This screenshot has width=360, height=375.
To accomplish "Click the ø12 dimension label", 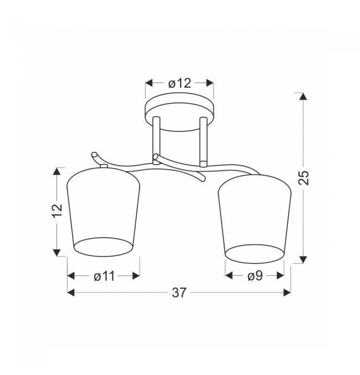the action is [x=179, y=84].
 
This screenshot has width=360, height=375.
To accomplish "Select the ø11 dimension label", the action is [x=104, y=276].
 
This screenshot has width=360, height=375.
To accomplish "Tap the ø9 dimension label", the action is [x=255, y=276].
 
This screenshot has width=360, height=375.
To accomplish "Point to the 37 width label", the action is [x=179, y=292].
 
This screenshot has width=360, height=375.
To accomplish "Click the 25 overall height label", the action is [x=304, y=177].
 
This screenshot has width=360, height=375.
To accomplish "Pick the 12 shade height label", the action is [x=57, y=210].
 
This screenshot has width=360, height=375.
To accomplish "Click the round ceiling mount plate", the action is [x=179, y=112].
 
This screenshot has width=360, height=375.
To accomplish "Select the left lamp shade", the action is [x=104, y=212].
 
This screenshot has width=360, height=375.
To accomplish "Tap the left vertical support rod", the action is [x=156, y=140].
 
